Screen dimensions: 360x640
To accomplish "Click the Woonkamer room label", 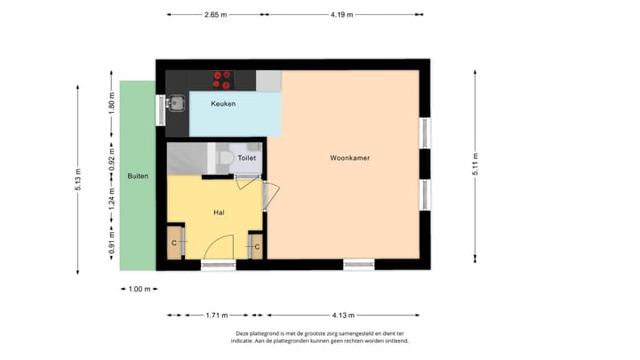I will [349, 157].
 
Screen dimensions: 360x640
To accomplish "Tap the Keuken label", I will [222, 104].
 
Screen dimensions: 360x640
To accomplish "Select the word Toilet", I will [247, 157].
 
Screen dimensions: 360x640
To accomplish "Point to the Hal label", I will [219, 212].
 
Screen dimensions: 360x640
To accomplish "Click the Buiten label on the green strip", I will [137, 176].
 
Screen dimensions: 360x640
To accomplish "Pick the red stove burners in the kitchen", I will [222, 80].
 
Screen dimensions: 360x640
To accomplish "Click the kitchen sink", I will [177, 101].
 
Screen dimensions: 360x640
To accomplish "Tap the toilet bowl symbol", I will [225, 158].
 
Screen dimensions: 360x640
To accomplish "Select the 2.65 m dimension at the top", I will [216, 15].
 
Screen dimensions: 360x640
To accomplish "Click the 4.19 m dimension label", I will [341, 15].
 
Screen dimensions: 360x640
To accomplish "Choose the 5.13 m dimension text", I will [77, 173].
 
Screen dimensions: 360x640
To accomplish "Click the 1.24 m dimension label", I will [111, 203].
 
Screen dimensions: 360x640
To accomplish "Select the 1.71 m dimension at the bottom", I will [216, 315].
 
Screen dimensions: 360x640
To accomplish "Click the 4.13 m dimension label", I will [343, 315].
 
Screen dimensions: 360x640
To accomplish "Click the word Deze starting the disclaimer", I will [244, 333].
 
